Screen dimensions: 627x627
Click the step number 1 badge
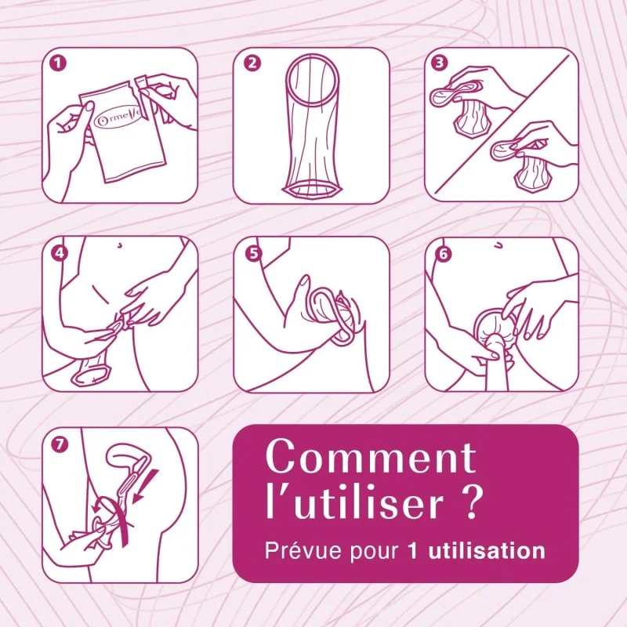click(58, 63)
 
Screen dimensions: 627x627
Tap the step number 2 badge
click(252, 63)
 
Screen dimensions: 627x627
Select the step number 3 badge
click(439, 63)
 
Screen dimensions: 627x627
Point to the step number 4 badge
click(60, 252)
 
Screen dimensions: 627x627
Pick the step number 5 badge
click(253, 253)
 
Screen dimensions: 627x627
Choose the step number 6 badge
click(444, 253)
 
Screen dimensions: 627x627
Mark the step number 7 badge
click(60, 444)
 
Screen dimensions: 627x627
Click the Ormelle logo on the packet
click(118, 119)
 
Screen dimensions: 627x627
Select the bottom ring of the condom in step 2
click(312, 189)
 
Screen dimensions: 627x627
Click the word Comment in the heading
click(371, 457)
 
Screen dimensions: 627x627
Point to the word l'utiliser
click(355, 501)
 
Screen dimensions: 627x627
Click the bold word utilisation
click(487, 551)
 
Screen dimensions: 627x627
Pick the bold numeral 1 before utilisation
click(413, 551)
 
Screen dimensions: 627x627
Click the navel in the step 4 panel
click(119, 245)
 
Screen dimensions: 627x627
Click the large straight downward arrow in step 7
click(147, 485)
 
